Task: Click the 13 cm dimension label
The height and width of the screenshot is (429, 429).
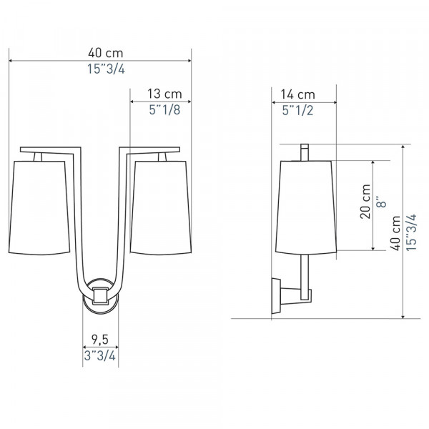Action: (164, 94)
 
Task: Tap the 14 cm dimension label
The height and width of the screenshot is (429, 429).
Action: (298, 94)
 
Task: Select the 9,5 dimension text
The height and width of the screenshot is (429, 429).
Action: (100, 340)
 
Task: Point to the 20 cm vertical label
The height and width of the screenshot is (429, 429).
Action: (365, 202)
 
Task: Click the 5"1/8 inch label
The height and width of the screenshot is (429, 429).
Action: (164, 109)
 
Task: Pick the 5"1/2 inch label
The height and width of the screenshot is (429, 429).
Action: (297, 111)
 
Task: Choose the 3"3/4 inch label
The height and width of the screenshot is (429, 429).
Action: (100, 355)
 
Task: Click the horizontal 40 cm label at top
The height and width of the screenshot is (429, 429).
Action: (106, 53)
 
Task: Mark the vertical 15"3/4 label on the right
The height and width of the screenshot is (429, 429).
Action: (411, 232)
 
